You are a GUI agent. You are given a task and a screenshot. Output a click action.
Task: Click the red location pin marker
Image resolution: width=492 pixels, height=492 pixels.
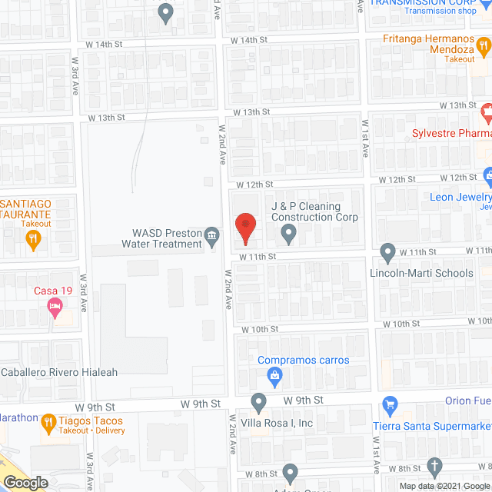point(244,225)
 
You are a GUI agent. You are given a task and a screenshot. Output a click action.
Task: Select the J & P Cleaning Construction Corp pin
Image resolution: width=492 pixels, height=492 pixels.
point(289,231)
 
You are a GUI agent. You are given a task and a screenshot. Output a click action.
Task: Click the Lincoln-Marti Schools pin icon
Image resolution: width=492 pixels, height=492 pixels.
point(387,251)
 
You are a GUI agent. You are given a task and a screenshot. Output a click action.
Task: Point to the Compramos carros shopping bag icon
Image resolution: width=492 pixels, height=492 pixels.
point(274,375)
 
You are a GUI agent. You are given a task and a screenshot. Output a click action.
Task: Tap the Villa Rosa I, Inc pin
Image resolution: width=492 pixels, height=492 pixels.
point(259,401)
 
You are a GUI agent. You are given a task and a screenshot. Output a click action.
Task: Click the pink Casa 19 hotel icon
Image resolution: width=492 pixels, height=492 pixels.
point(54,309)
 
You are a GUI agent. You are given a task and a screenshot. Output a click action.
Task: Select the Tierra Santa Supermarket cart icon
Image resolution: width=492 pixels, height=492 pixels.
point(391,404)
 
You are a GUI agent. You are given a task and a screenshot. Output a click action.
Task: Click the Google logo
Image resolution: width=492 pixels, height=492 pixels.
point(25,483)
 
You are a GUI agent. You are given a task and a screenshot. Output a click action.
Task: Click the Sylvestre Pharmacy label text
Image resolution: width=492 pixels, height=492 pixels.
point(450,133)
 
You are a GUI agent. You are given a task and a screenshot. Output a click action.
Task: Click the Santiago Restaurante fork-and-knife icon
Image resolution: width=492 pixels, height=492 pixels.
point(32,239)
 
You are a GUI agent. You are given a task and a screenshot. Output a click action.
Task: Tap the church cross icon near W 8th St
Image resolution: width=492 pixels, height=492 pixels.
point(434,466)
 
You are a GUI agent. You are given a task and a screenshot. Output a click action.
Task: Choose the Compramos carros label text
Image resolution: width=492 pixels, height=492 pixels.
point(303,360)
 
